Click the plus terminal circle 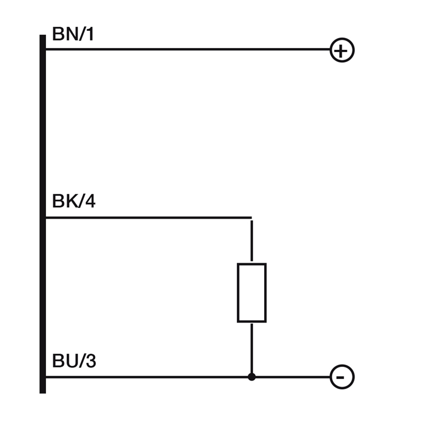(342, 50)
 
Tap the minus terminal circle (342, 377)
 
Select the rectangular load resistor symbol (252, 293)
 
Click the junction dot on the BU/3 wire (252, 377)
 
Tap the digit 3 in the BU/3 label (90, 361)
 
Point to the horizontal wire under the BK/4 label (146, 218)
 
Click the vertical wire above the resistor (252, 241)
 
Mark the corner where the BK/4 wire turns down (251, 218)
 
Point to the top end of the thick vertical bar (43, 37)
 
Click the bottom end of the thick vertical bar (43, 391)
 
